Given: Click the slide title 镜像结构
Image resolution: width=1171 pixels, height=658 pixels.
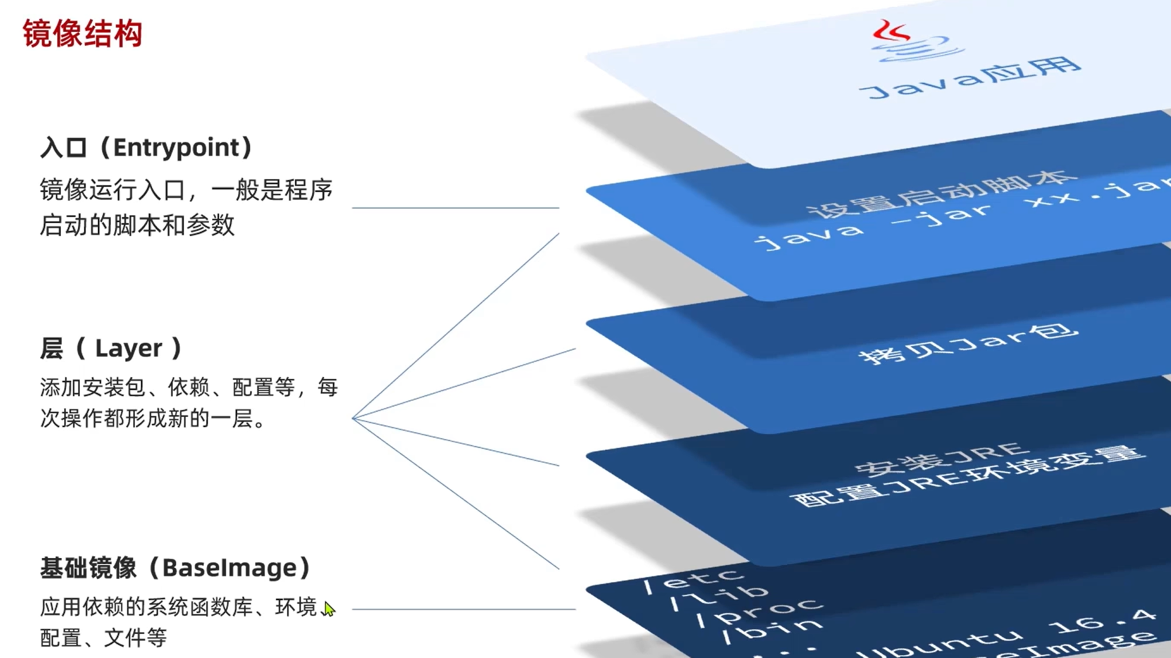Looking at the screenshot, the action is (x=83, y=33).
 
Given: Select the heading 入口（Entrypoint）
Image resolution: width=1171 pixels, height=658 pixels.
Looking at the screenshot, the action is (x=146, y=148).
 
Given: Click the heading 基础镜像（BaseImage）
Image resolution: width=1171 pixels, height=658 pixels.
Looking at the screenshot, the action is (x=176, y=568).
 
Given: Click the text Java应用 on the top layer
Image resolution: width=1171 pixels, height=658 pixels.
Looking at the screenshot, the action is (x=970, y=78).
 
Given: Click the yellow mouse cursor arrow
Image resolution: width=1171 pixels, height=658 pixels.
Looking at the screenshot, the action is (x=328, y=609).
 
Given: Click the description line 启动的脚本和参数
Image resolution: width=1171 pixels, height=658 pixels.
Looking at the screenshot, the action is (x=137, y=225).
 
